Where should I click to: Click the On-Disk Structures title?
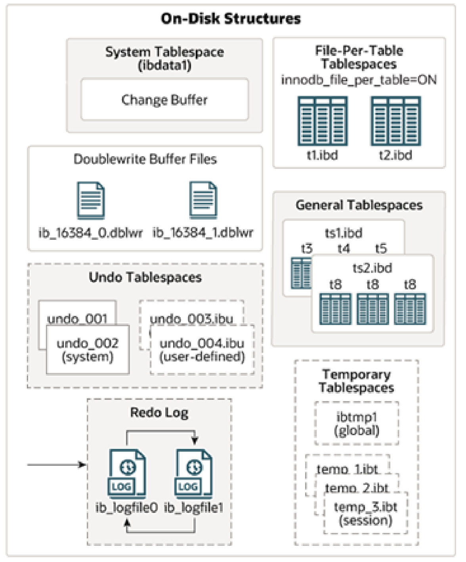tap(231, 19)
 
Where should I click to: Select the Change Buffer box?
tap(165, 99)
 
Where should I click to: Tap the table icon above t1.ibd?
tap(323, 121)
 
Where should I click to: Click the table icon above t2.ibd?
tap(396, 121)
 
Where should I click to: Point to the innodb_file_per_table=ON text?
tap(359, 80)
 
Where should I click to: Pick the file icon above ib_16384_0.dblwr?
tap(91, 201)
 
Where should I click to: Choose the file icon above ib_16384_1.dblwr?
tap(203, 201)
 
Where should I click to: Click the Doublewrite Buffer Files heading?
tap(145, 159)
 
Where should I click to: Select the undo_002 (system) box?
tap(88, 350)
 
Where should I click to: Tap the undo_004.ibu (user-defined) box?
tap(202, 350)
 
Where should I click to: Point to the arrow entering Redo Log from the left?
tap(57, 465)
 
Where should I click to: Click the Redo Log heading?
tap(159, 413)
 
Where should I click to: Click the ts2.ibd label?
tap(372, 268)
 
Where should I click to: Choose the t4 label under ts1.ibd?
tap(344, 249)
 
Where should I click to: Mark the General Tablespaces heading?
tap(359, 205)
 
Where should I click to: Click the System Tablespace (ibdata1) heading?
tap(165, 58)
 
